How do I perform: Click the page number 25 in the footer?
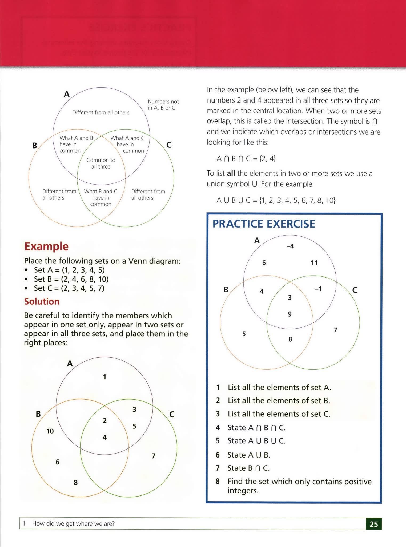click(x=374, y=524)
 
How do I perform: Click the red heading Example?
click(x=46, y=246)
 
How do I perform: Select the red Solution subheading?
click(x=42, y=302)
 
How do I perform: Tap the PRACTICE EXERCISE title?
click(x=264, y=224)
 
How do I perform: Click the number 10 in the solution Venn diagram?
click(x=50, y=431)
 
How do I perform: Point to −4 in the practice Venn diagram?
click(x=290, y=246)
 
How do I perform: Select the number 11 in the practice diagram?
click(x=314, y=263)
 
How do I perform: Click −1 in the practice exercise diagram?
click(x=318, y=289)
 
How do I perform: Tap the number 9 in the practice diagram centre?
click(x=290, y=314)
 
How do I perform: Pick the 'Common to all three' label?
click(x=101, y=163)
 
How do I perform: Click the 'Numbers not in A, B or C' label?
click(x=163, y=104)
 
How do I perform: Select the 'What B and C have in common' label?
click(x=101, y=198)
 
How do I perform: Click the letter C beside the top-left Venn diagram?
click(x=169, y=145)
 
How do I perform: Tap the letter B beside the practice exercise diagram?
click(x=226, y=290)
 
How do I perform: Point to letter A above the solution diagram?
click(x=70, y=364)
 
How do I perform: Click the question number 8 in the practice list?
click(x=218, y=481)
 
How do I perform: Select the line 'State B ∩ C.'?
click(x=248, y=468)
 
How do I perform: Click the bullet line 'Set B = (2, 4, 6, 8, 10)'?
click(x=71, y=279)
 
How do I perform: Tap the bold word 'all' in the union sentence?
click(x=231, y=173)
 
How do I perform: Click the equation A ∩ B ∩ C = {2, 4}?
click(x=246, y=159)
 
